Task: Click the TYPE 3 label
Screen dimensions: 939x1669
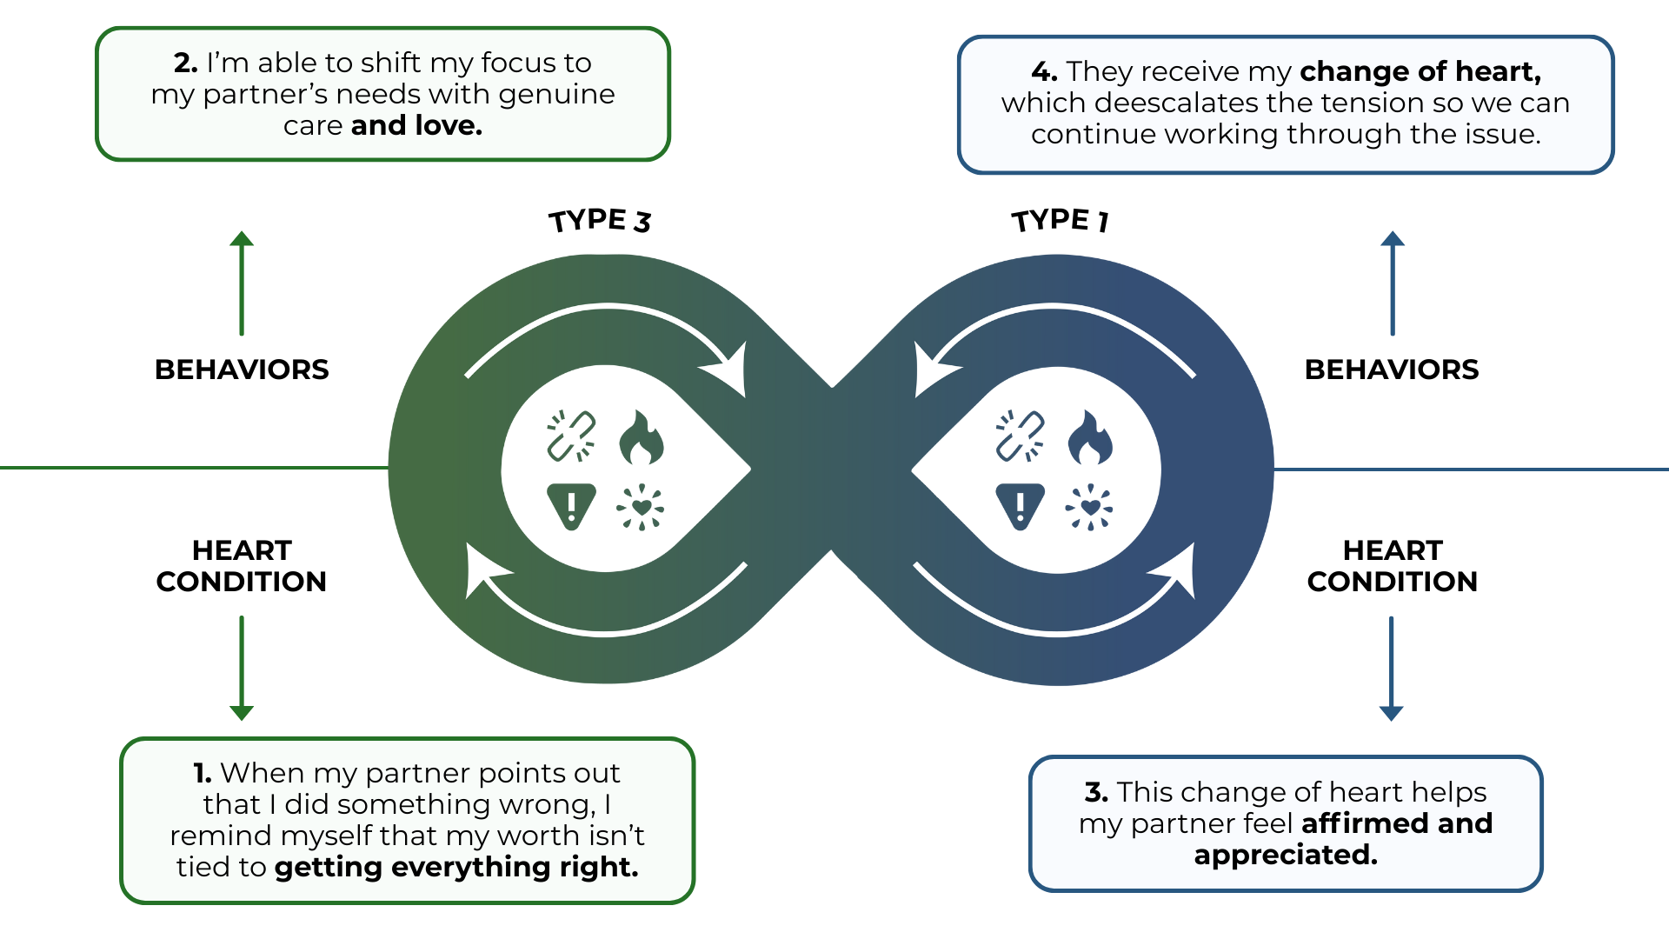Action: [x=600, y=221]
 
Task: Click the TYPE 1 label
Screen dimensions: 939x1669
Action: [x=1060, y=220]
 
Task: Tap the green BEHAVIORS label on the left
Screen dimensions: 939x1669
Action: [x=242, y=370]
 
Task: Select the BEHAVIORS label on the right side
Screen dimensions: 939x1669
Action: [x=1391, y=370]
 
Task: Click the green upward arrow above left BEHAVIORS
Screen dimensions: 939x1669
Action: [x=242, y=283]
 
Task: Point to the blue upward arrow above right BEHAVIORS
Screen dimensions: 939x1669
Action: [x=1393, y=283]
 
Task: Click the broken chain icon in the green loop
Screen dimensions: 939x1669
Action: [x=571, y=436]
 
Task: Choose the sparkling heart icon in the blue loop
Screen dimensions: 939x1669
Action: [x=1089, y=507]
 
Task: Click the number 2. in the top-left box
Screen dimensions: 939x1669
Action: [x=185, y=63]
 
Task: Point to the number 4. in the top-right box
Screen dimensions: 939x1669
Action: [x=1044, y=71]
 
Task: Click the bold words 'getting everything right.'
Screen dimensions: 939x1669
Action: [x=456, y=867]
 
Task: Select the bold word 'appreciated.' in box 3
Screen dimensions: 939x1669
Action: [x=1286, y=855]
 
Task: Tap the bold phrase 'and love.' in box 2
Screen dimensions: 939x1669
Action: [x=416, y=125]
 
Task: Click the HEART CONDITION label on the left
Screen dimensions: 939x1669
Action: [x=242, y=565]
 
